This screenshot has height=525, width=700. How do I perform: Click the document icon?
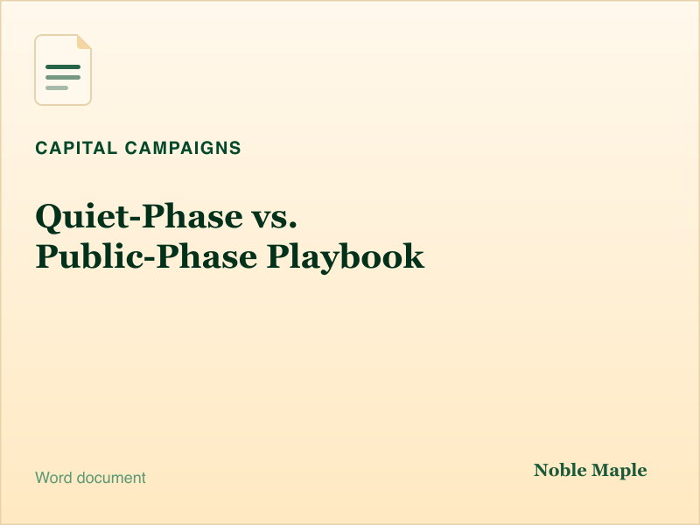(63, 70)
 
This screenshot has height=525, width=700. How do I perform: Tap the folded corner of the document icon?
(83, 42)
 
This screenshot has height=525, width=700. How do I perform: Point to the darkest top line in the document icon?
(63, 67)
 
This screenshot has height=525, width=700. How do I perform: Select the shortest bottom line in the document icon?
(57, 88)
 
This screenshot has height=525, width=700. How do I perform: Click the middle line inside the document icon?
(63, 78)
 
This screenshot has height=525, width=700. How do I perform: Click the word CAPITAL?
(76, 148)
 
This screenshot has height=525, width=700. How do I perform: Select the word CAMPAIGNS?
(183, 148)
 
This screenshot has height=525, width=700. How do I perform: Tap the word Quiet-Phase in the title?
(139, 217)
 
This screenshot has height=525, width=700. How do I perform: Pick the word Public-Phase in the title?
(147, 256)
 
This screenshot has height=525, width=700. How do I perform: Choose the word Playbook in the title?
(346, 257)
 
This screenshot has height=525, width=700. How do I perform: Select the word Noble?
(560, 470)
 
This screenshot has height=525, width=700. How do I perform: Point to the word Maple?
(619, 471)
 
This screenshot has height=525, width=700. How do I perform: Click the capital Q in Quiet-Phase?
(50, 218)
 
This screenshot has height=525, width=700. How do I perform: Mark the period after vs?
(292, 226)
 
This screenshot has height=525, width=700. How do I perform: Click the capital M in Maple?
(601, 470)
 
